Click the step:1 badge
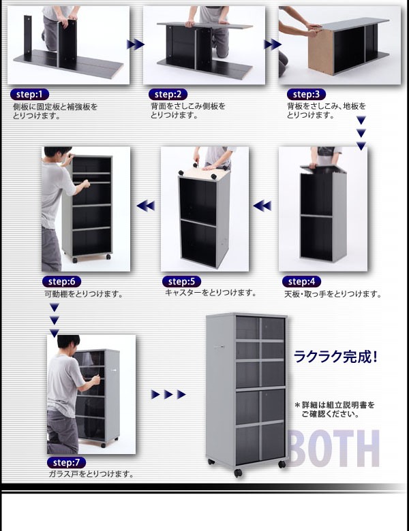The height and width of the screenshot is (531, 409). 29,95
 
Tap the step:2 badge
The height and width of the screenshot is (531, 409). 167,95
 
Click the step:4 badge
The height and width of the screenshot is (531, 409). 301,282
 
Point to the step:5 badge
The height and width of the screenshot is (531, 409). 182,282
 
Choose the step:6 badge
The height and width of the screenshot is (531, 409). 62,282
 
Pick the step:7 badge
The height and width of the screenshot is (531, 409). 65,462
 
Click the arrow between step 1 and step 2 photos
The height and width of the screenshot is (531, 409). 136,45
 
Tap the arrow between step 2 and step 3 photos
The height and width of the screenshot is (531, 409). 272,45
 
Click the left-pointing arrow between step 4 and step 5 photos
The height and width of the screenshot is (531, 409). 263,206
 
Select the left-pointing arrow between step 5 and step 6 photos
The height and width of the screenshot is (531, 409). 145,206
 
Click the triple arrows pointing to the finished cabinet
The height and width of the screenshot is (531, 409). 168,395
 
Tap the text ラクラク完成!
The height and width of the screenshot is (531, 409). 335,357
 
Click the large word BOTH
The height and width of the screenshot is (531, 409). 333,448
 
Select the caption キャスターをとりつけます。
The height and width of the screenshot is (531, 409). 211,293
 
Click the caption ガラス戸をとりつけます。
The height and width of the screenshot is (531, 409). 91,474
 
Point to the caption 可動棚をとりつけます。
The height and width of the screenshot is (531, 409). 84,294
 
